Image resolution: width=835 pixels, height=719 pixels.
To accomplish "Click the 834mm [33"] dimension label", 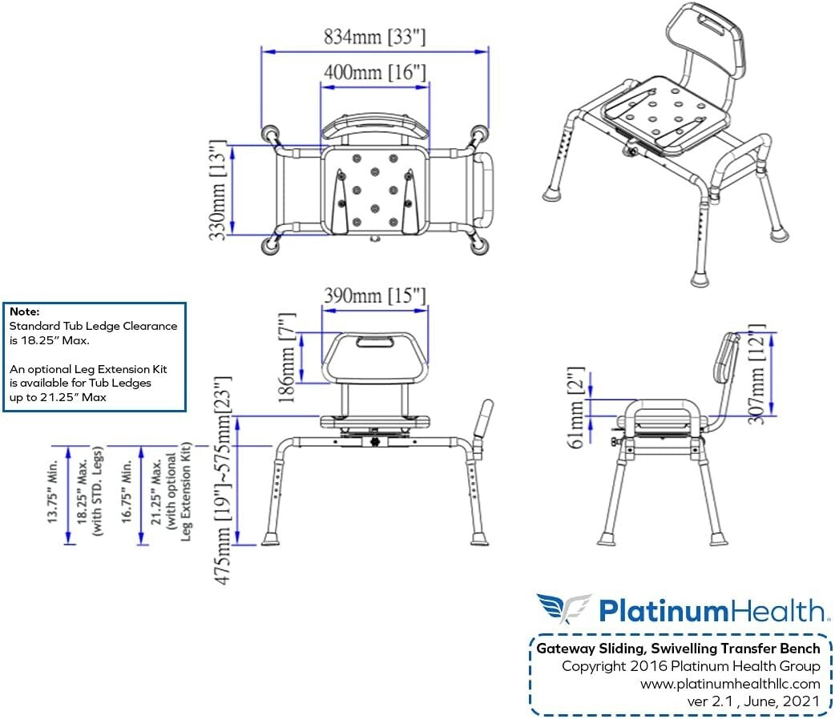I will (x=374, y=37).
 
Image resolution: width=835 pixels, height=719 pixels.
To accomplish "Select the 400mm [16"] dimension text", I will (x=374, y=72).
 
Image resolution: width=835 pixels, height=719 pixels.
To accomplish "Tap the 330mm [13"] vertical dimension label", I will (x=216, y=191).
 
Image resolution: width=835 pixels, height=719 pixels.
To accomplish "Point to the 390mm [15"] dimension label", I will (x=374, y=295).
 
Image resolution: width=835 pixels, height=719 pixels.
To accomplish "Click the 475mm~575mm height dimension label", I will (x=226, y=479).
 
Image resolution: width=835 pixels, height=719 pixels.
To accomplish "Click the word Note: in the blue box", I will (x=23, y=311).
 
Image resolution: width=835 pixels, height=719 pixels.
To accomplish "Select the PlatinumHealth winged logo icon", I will (x=563, y=609).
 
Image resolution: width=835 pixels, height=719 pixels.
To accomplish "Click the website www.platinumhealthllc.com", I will (x=730, y=684).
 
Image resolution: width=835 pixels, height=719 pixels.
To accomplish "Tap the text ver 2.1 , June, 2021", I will (x=753, y=701).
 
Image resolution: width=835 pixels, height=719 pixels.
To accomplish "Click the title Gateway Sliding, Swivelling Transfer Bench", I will (x=678, y=649).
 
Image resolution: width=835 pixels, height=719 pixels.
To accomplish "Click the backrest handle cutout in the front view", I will (x=375, y=342).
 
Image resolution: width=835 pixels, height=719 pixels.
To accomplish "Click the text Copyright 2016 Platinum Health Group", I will (x=691, y=666).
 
